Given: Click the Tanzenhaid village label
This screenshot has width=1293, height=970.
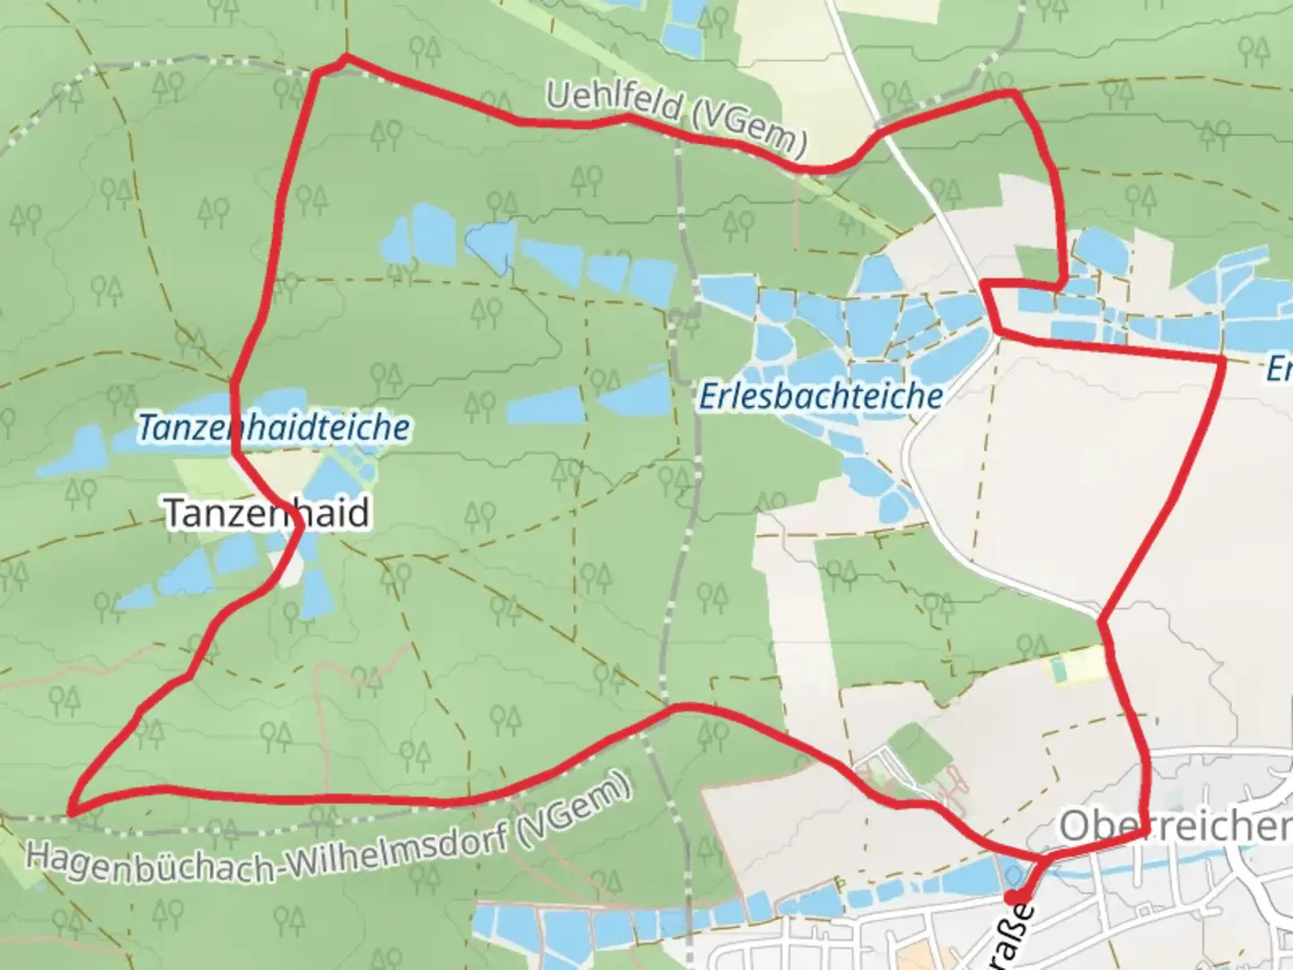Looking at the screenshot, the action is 267,513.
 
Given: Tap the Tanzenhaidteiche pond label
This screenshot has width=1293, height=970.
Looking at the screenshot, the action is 273,428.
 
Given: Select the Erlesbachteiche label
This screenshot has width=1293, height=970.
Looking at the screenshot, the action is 821,396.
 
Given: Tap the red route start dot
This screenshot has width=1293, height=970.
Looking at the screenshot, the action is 1012,897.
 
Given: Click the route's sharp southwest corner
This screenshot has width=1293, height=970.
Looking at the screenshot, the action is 73,812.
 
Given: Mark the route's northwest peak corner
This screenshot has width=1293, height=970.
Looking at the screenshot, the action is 346,57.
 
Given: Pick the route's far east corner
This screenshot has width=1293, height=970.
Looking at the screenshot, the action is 1222,359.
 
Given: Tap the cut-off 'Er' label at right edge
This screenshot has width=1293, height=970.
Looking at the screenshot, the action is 1280,369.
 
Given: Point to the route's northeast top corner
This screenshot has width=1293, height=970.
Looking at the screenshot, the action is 1014,93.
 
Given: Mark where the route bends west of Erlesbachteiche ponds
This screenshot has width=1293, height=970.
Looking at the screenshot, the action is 986,285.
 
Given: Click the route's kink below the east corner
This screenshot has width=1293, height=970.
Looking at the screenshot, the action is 1101,620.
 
